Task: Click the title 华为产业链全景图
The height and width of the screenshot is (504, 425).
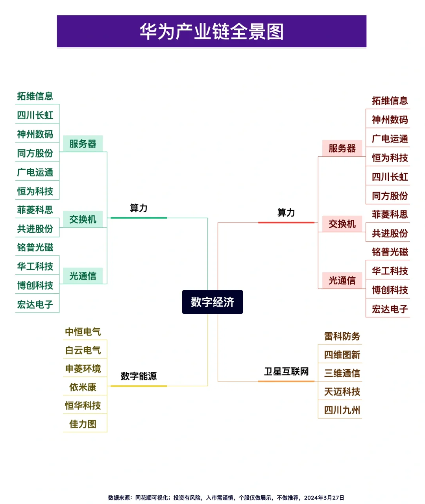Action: click(212, 31)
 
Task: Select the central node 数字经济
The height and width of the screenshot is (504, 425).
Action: click(213, 302)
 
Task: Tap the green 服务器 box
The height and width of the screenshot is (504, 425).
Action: click(83, 144)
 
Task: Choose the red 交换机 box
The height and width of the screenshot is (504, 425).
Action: click(342, 224)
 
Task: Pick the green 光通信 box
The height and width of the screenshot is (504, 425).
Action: click(83, 276)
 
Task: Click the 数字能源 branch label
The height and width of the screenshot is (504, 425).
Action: click(139, 376)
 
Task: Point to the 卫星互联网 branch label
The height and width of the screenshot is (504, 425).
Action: click(286, 371)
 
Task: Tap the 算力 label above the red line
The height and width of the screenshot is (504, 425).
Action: click(286, 213)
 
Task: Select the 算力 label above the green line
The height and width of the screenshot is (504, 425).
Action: click(139, 208)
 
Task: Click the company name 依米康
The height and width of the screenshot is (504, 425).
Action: click(83, 387)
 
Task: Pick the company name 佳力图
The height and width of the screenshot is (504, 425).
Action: click(83, 424)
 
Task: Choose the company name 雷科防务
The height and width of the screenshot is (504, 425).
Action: click(342, 336)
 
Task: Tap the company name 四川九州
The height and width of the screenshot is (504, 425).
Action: click(342, 410)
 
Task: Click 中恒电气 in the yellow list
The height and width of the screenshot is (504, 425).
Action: click(83, 332)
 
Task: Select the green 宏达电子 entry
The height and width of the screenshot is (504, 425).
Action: click(35, 304)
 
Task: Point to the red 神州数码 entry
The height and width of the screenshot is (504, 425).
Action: click(390, 120)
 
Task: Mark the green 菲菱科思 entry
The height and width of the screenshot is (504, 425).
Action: click(35, 210)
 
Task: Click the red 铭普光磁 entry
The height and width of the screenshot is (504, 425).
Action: click(390, 252)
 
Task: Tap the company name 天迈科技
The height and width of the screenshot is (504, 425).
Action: click(342, 392)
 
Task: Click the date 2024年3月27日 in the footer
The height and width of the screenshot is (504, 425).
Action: click(324, 498)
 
